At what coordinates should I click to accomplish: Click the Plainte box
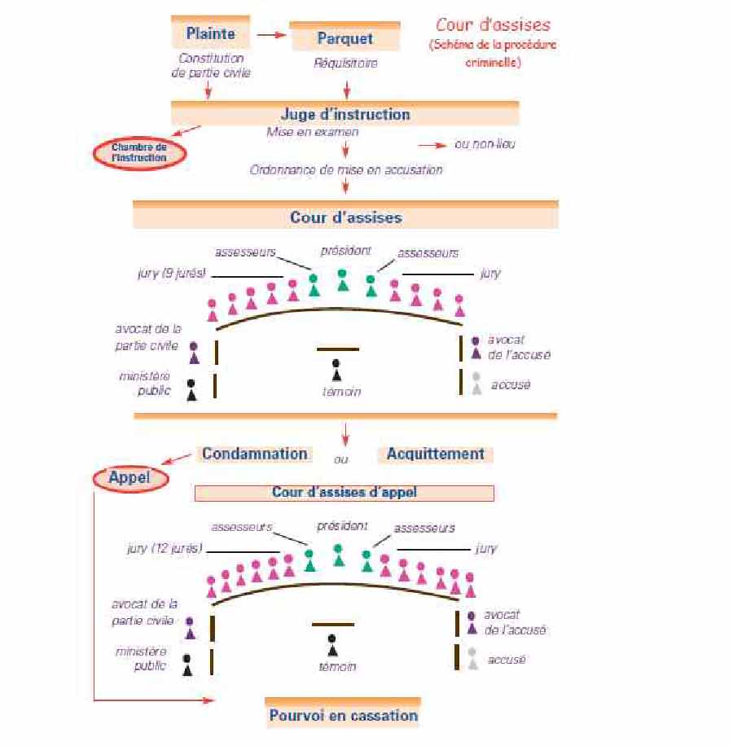(210, 33)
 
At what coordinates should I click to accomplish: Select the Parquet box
(345, 37)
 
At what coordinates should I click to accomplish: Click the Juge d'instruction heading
(345, 115)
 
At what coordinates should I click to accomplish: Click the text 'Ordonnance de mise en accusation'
(346, 170)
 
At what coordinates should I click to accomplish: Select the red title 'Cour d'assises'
(493, 25)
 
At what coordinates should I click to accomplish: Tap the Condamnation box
(255, 454)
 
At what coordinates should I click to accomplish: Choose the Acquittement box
(435, 454)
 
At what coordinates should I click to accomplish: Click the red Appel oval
(131, 478)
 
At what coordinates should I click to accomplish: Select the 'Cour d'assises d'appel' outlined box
(344, 493)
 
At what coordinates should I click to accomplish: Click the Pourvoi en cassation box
(343, 716)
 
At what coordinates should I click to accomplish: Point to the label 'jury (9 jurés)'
(171, 273)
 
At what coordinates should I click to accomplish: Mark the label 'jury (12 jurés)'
(164, 548)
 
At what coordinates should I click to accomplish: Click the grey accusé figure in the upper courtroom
(476, 383)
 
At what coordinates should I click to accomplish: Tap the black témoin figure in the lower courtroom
(331, 645)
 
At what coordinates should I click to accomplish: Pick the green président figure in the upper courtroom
(343, 279)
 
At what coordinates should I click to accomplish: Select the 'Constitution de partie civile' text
(211, 66)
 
